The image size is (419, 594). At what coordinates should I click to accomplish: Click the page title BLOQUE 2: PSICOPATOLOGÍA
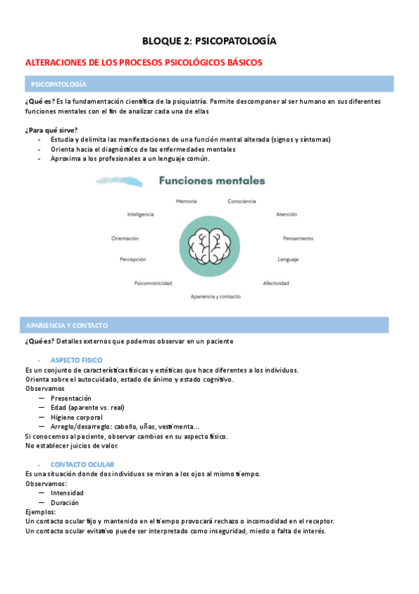[209, 41]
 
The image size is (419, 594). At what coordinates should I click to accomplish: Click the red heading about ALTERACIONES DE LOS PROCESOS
[143, 62]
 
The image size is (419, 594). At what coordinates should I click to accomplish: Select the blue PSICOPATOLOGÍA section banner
[209, 84]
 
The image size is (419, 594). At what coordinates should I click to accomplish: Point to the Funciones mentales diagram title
[212, 181]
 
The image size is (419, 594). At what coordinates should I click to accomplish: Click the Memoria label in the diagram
[186, 201]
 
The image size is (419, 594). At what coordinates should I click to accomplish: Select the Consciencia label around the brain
[241, 201]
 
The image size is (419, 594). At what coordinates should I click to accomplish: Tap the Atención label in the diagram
[287, 214]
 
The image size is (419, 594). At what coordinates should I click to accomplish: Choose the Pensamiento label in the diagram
[298, 238]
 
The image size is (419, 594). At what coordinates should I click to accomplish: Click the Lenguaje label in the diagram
[287, 259]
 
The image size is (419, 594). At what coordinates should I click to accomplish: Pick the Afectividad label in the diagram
[276, 283]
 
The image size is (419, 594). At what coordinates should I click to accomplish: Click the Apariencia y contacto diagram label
[215, 296]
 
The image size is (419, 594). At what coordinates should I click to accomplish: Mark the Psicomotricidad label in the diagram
[153, 283]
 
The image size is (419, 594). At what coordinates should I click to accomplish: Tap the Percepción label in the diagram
[133, 259]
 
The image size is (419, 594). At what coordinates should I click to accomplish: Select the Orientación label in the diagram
[125, 238]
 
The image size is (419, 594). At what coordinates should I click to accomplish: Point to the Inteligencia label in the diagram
[141, 214]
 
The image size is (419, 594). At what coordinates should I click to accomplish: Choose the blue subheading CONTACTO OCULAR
[83, 464]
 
